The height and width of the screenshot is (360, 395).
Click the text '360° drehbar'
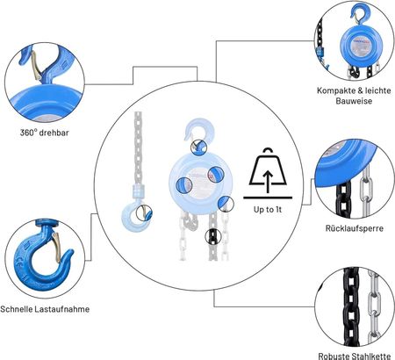pyautogui.click(x=45, y=133)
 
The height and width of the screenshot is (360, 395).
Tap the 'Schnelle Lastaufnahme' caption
pyautogui.click(x=45, y=309)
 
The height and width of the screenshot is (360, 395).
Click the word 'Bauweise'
pyautogui.click(x=354, y=101)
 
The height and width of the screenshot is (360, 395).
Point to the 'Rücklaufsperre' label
pyautogui.click(x=355, y=228)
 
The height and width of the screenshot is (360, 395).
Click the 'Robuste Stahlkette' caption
pyautogui.click(x=355, y=356)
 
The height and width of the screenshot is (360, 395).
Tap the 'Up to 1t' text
pyautogui.click(x=268, y=210)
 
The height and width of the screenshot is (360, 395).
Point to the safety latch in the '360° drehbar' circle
pyautogui.click(x=36, y=66)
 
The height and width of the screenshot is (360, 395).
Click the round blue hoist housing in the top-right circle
pyautogui.click(x=361, y=46)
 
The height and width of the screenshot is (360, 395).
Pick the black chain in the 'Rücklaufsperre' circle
pyautogui.click(x=343, y=199)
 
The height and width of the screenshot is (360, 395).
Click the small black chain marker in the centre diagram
pyautogui.click(x=213, y=236)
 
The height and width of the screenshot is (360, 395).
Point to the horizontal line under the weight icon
pyautogui.click(x=268, y=198)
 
